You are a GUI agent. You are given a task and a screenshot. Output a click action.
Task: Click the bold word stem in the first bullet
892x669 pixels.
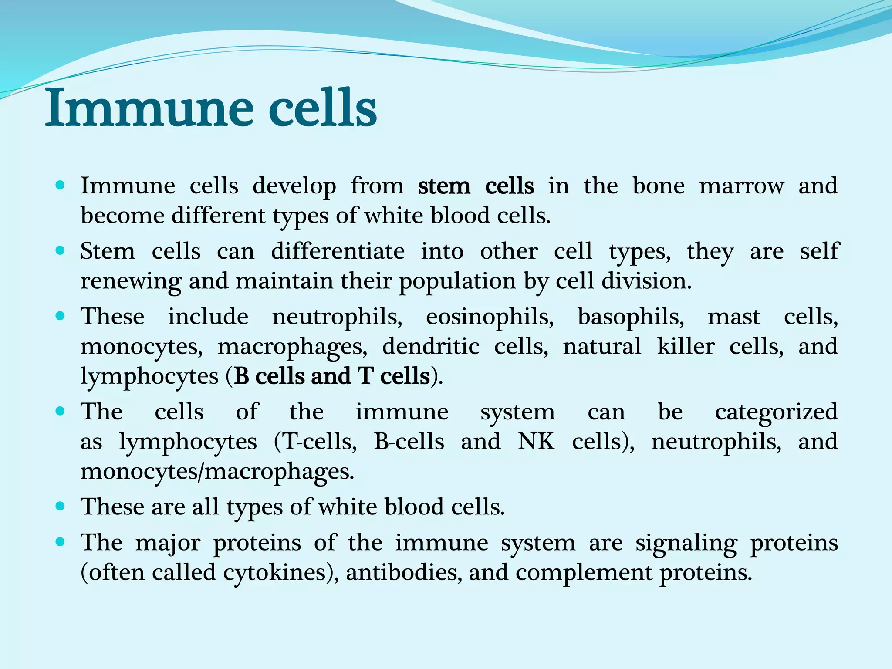[x=444, y=186]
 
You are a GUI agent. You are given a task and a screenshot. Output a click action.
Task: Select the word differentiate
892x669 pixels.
[x=338, y=251]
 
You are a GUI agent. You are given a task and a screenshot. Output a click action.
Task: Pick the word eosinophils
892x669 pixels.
[x=490, y=317]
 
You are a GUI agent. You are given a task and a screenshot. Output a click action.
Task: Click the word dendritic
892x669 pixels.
[x=431, y=347]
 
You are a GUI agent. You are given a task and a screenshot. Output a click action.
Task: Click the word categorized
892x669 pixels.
[x=776, y=412]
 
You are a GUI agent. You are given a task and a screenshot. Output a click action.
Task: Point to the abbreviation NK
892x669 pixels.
[x=536, y=442]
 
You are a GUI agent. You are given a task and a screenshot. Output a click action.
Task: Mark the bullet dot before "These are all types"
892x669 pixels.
[x=61, y=506]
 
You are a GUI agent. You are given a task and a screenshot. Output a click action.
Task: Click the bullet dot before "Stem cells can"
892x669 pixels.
[x=61, y=251]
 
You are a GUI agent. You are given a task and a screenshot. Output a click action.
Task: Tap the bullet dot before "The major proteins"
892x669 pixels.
[x=61, y=542]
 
